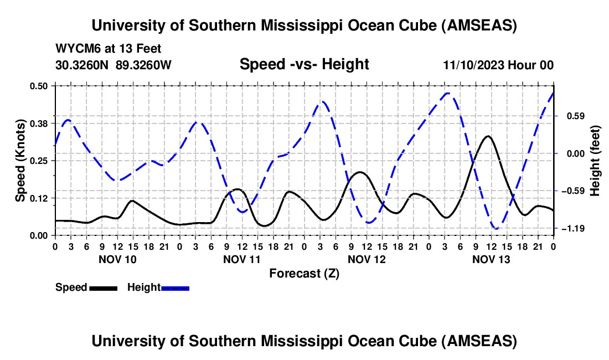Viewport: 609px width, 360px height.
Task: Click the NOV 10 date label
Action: (x=117, y=259)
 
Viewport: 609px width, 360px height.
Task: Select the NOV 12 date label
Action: (x=367, y=259)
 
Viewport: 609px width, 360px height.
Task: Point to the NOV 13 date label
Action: (x=491, y=259)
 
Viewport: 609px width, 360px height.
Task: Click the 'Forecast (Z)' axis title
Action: (x=304, y=273)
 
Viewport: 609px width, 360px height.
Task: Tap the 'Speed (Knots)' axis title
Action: (x=20, y=161)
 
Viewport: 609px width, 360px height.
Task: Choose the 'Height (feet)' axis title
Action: (x=595, y=161)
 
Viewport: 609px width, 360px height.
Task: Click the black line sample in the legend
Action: (x=103, y=287)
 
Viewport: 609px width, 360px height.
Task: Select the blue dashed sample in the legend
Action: (x=175, y=287)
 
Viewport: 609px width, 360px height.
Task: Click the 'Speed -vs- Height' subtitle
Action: (x=304, y=64)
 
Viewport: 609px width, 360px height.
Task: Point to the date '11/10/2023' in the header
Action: (x=472, y=65)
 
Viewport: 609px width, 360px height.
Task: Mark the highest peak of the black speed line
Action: (x=487, y=136)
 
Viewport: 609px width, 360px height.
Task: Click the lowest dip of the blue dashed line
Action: (x=496, y=228)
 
